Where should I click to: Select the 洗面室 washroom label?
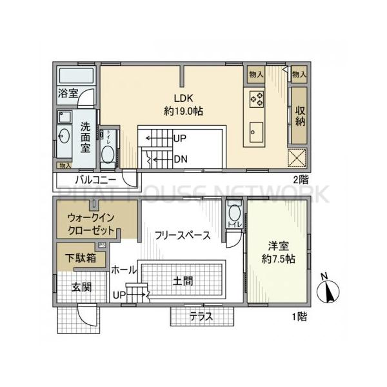(85, 137)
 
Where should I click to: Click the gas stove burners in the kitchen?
(255, 99)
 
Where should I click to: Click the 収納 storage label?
(300, 116)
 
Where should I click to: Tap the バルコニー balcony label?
(95, 178)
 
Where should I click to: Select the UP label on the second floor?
(180, 137)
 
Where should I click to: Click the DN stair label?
(180, 158)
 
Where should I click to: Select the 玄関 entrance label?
(80, 286)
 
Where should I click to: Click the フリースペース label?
(183, 235)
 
